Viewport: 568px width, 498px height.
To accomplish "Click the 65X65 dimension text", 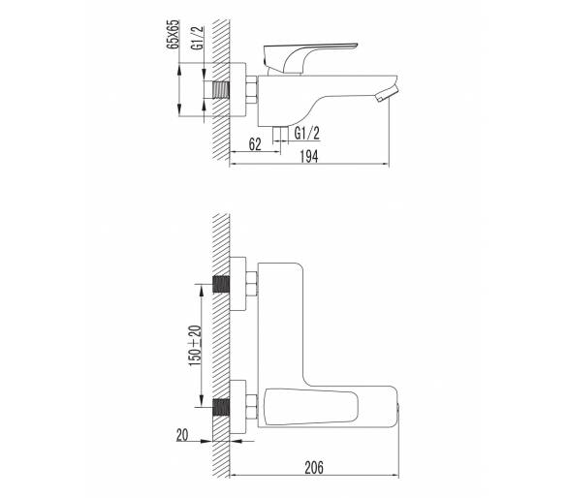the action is (x=173, y=34).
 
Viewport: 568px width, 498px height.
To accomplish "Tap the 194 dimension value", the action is (x=309, y=156).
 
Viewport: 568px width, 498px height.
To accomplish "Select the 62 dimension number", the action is (x=255, y=144).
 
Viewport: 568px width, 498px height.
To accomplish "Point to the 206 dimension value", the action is (x=314, y=467).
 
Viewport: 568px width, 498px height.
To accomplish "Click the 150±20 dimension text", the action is (x=195, y=346).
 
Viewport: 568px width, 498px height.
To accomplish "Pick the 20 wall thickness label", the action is (x=182, y=435).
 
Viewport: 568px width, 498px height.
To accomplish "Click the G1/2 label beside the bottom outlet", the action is (x=307, y=134).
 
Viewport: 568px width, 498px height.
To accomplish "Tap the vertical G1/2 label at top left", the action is (x=199, y=39).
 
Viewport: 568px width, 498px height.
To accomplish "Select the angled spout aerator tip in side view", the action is (x=387, y=94).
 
